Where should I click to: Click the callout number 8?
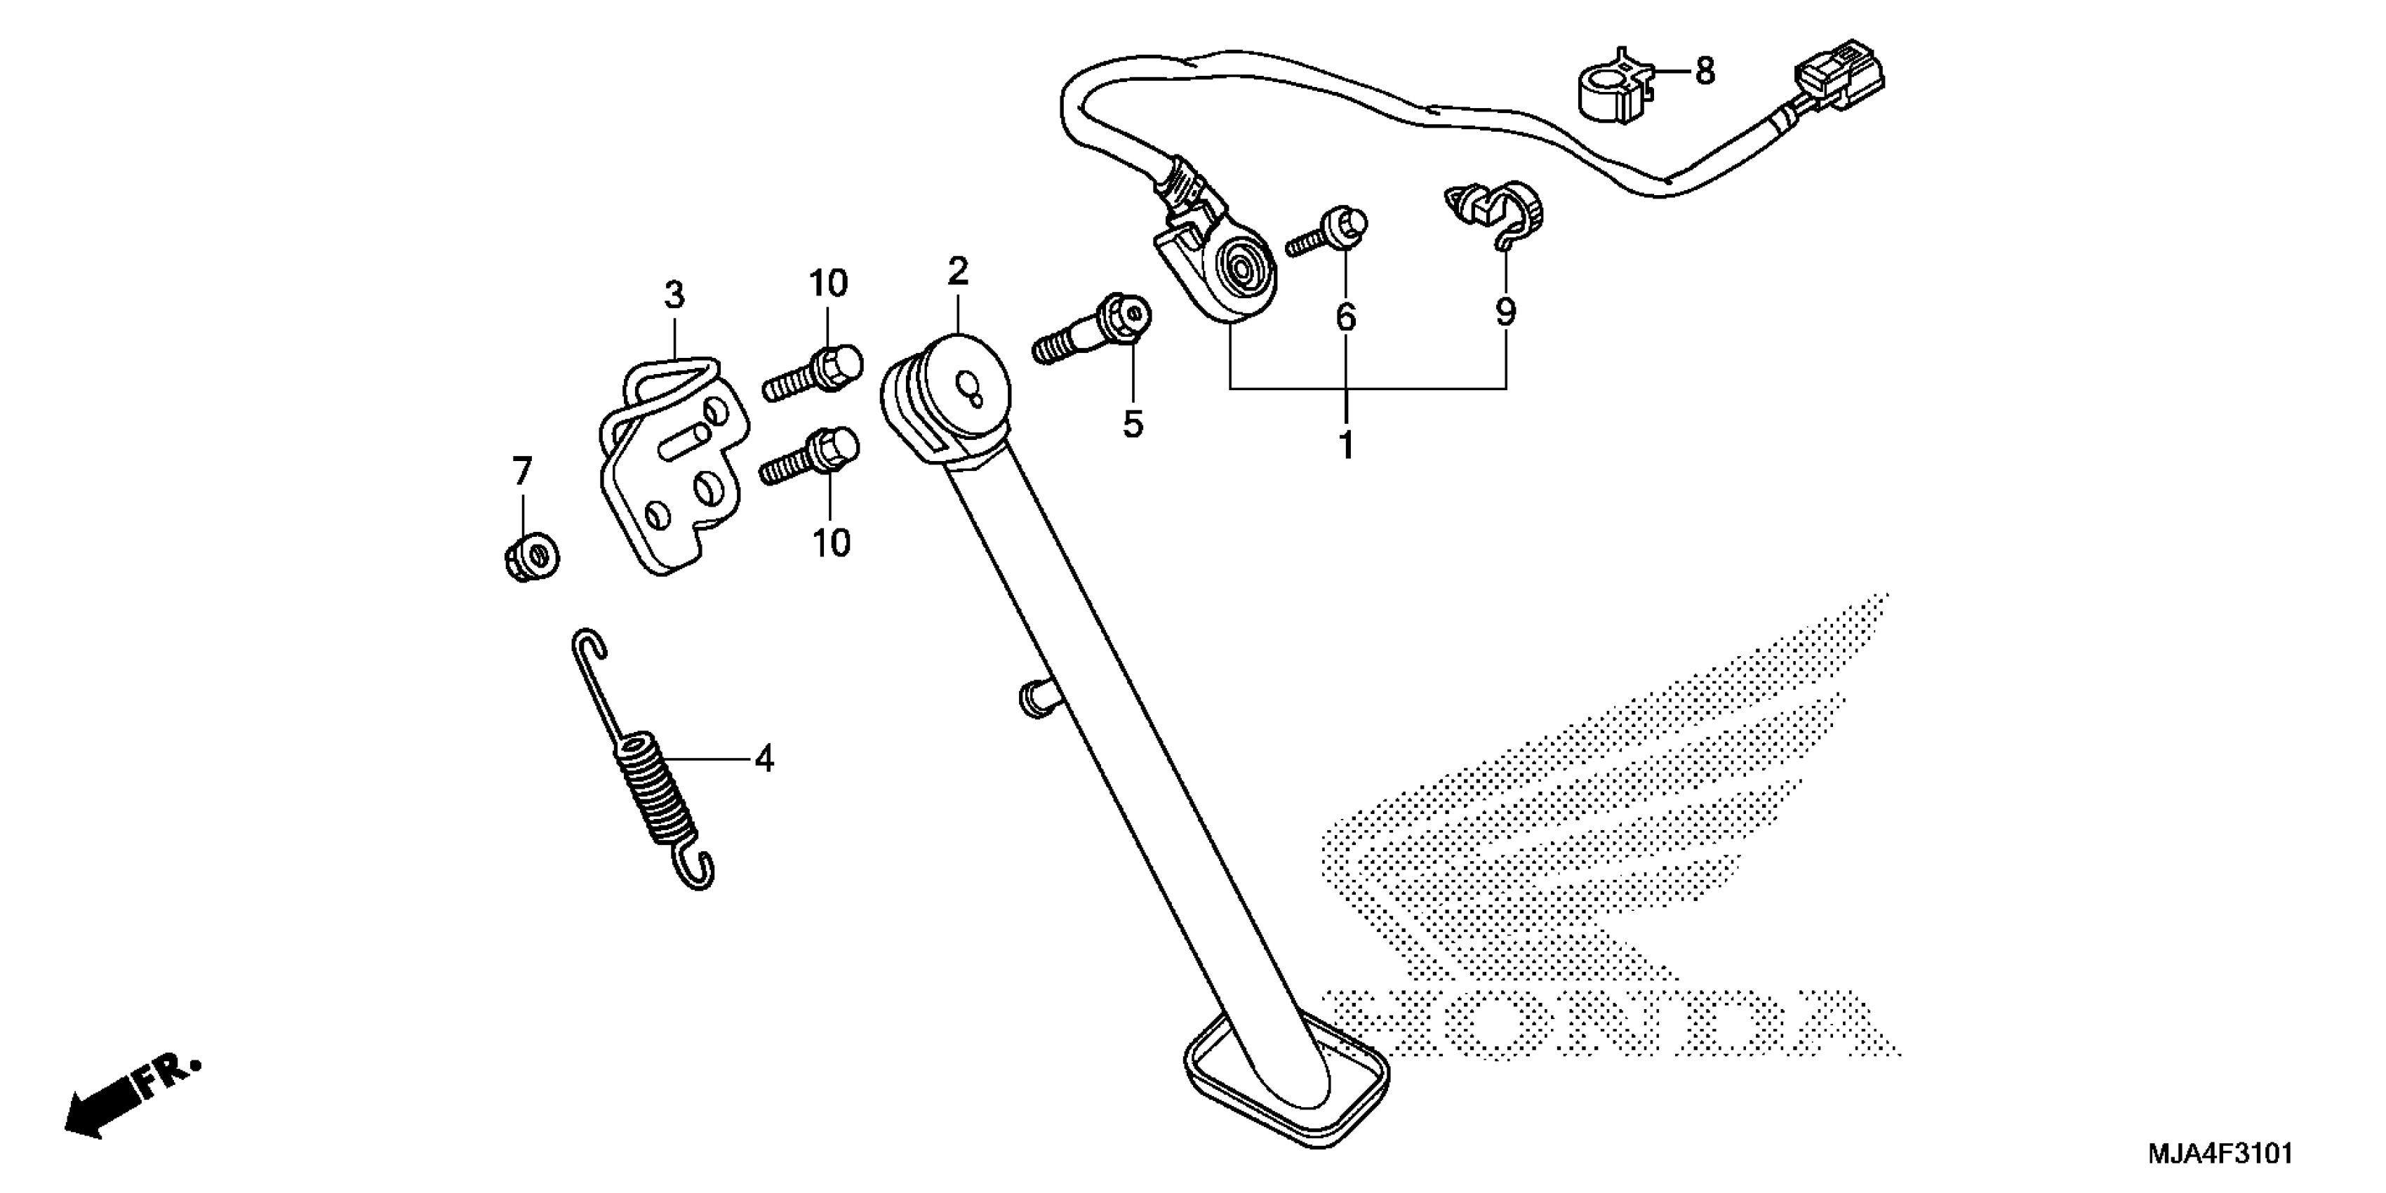click(1705, 72)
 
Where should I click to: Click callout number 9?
click(1505, 313)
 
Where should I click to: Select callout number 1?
click(1346, 446)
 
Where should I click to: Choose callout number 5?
click(1133, 425)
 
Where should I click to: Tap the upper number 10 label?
click(828, 284)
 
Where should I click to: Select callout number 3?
click(674, 295)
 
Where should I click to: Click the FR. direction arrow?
click(130, 1100)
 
